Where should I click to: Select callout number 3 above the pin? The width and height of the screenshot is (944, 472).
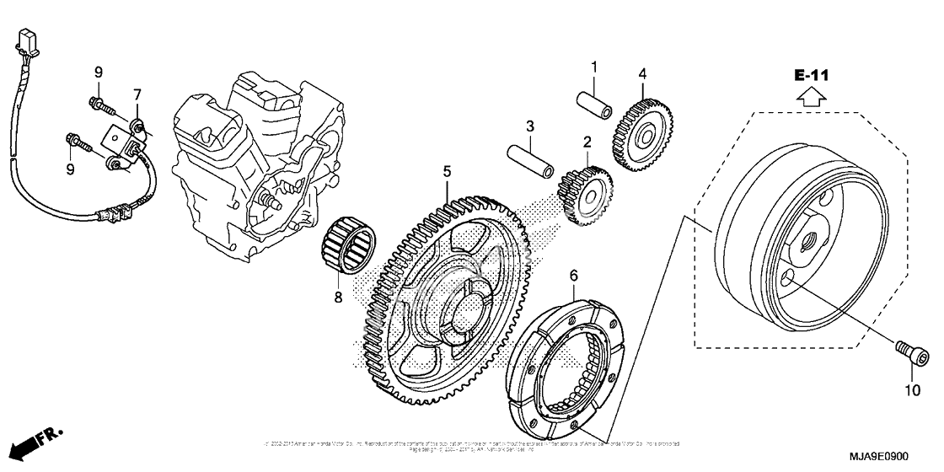tap(529, 127)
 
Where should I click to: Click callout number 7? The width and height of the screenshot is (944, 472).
tap(137, 94)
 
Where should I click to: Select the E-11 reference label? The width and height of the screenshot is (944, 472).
tap(812, 76)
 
